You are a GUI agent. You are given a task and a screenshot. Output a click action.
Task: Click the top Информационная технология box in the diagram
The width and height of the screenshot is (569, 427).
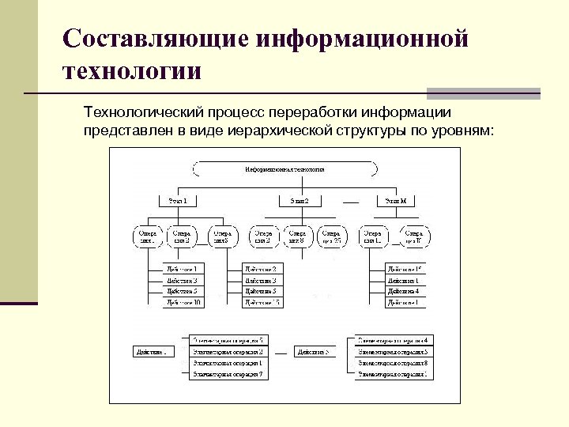284,169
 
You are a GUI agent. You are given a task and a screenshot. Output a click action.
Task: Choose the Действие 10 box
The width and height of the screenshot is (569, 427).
183,302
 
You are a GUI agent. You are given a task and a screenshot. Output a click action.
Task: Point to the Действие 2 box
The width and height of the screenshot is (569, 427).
260,269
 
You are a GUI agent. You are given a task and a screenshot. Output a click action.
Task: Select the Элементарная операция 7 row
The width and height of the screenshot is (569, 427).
228,373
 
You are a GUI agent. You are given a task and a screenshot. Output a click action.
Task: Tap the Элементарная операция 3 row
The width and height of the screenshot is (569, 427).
228,351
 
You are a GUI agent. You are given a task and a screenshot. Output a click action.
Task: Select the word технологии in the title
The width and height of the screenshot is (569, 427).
133,72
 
